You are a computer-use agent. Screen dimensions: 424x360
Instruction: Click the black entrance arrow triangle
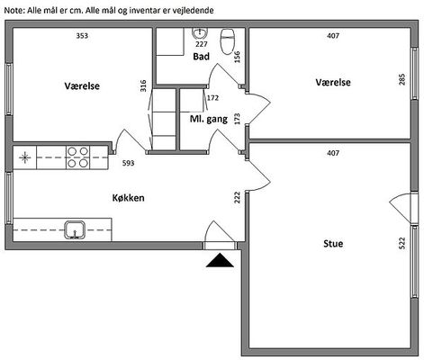[220, 260]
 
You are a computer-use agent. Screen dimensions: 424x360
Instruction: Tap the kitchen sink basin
[75, 229]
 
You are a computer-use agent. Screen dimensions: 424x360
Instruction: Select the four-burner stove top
[77, 157]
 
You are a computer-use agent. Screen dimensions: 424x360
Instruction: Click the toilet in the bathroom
[227, 41]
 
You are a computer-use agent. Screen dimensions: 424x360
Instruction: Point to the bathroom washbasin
[200, 33]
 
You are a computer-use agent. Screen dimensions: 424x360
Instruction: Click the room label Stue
[333, 243]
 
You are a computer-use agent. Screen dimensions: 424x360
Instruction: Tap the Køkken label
[128, 198]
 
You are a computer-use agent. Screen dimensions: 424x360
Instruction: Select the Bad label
[201, 57]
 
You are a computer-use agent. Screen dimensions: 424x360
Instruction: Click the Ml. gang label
[209, 119]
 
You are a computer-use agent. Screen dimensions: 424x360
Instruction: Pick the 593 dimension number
[128, 163]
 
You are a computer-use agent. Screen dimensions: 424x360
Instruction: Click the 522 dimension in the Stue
[402, 243]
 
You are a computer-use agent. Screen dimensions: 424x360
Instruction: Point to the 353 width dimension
[82, 36]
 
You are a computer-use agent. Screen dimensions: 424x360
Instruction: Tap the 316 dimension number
[143, 85]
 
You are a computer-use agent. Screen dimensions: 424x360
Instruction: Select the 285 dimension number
[402, 79]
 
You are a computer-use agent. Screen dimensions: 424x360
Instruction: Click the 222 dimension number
[238, 197]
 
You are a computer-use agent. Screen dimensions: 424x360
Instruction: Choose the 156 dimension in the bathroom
[237, 57]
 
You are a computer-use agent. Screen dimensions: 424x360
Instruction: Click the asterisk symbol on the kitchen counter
[24, 157]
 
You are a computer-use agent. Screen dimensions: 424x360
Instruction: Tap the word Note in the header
[14, 11]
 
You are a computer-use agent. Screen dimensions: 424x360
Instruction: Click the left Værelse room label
[82, 85]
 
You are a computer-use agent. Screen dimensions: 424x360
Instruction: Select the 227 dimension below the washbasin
[202, 44]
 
